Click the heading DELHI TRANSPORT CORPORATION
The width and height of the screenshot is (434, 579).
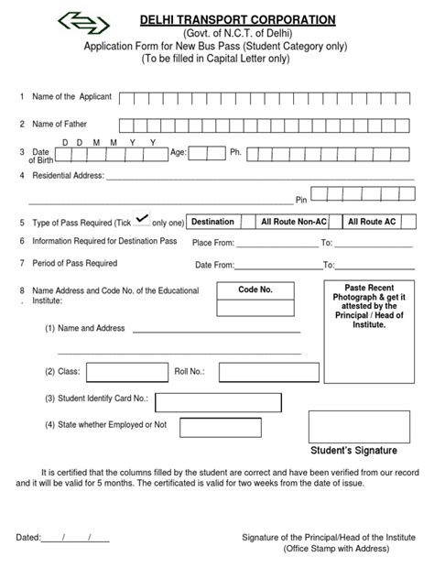(x=237, y=19)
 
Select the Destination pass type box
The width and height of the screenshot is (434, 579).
(x=212, y=222)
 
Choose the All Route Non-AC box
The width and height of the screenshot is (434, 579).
(x=293, y=222)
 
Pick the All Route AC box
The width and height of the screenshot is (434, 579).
(x=374, y=222)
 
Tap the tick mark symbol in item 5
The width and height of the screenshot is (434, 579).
(x=142, y=218)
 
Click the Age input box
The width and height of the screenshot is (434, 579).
(x=207, y=152)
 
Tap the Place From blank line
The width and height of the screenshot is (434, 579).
(x=275, y=244)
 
